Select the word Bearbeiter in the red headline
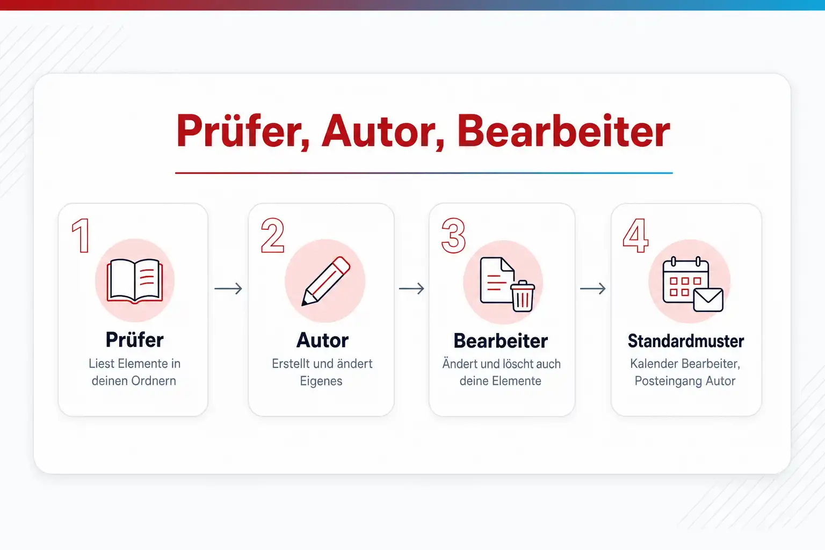click(563, 131)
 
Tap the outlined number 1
click(81, 235)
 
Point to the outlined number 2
click(272, 235)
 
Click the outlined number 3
click(454, 235)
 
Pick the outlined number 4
click(636, 235)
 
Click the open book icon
click(135, 281)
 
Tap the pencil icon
click(325, 281)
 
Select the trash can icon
click(523, 296)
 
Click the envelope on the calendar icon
click(708, 300)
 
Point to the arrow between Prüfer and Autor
click(228, 288)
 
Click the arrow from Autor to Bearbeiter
click(411, 288)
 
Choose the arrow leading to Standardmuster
click(592, 288)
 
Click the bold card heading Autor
click(322, 341)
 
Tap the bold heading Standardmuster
click(686, 341)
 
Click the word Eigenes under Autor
click(321, 381)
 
